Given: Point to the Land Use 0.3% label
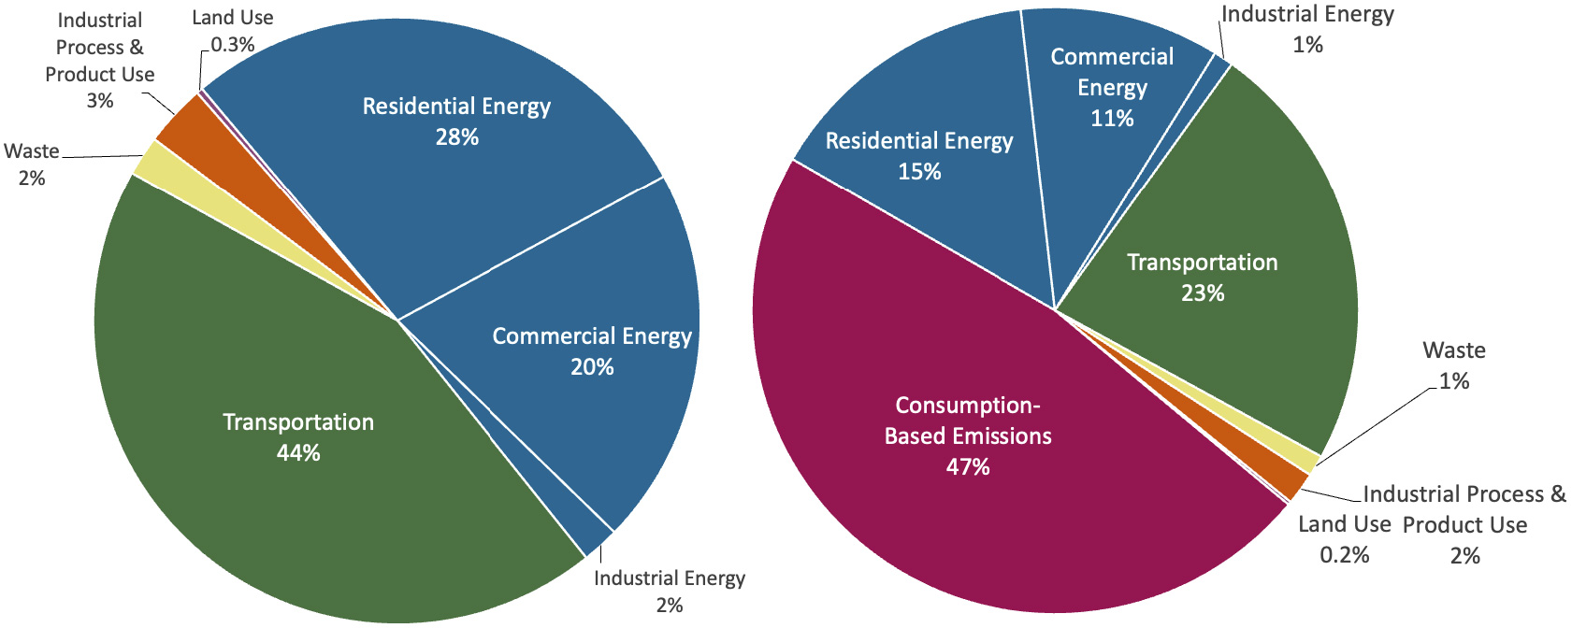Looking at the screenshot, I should point(232,30).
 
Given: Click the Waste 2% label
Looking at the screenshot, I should point(32,164).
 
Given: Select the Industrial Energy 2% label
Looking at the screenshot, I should point(670,591).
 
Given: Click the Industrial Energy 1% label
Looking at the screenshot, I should point(1307,28).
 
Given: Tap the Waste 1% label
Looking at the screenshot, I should point(1454,364).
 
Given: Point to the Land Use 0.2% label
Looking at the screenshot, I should point(1344,538).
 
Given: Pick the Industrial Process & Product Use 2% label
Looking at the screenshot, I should point(1464,523).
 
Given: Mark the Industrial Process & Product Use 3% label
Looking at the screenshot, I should point(100,60).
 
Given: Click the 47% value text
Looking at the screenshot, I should point(967,466).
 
